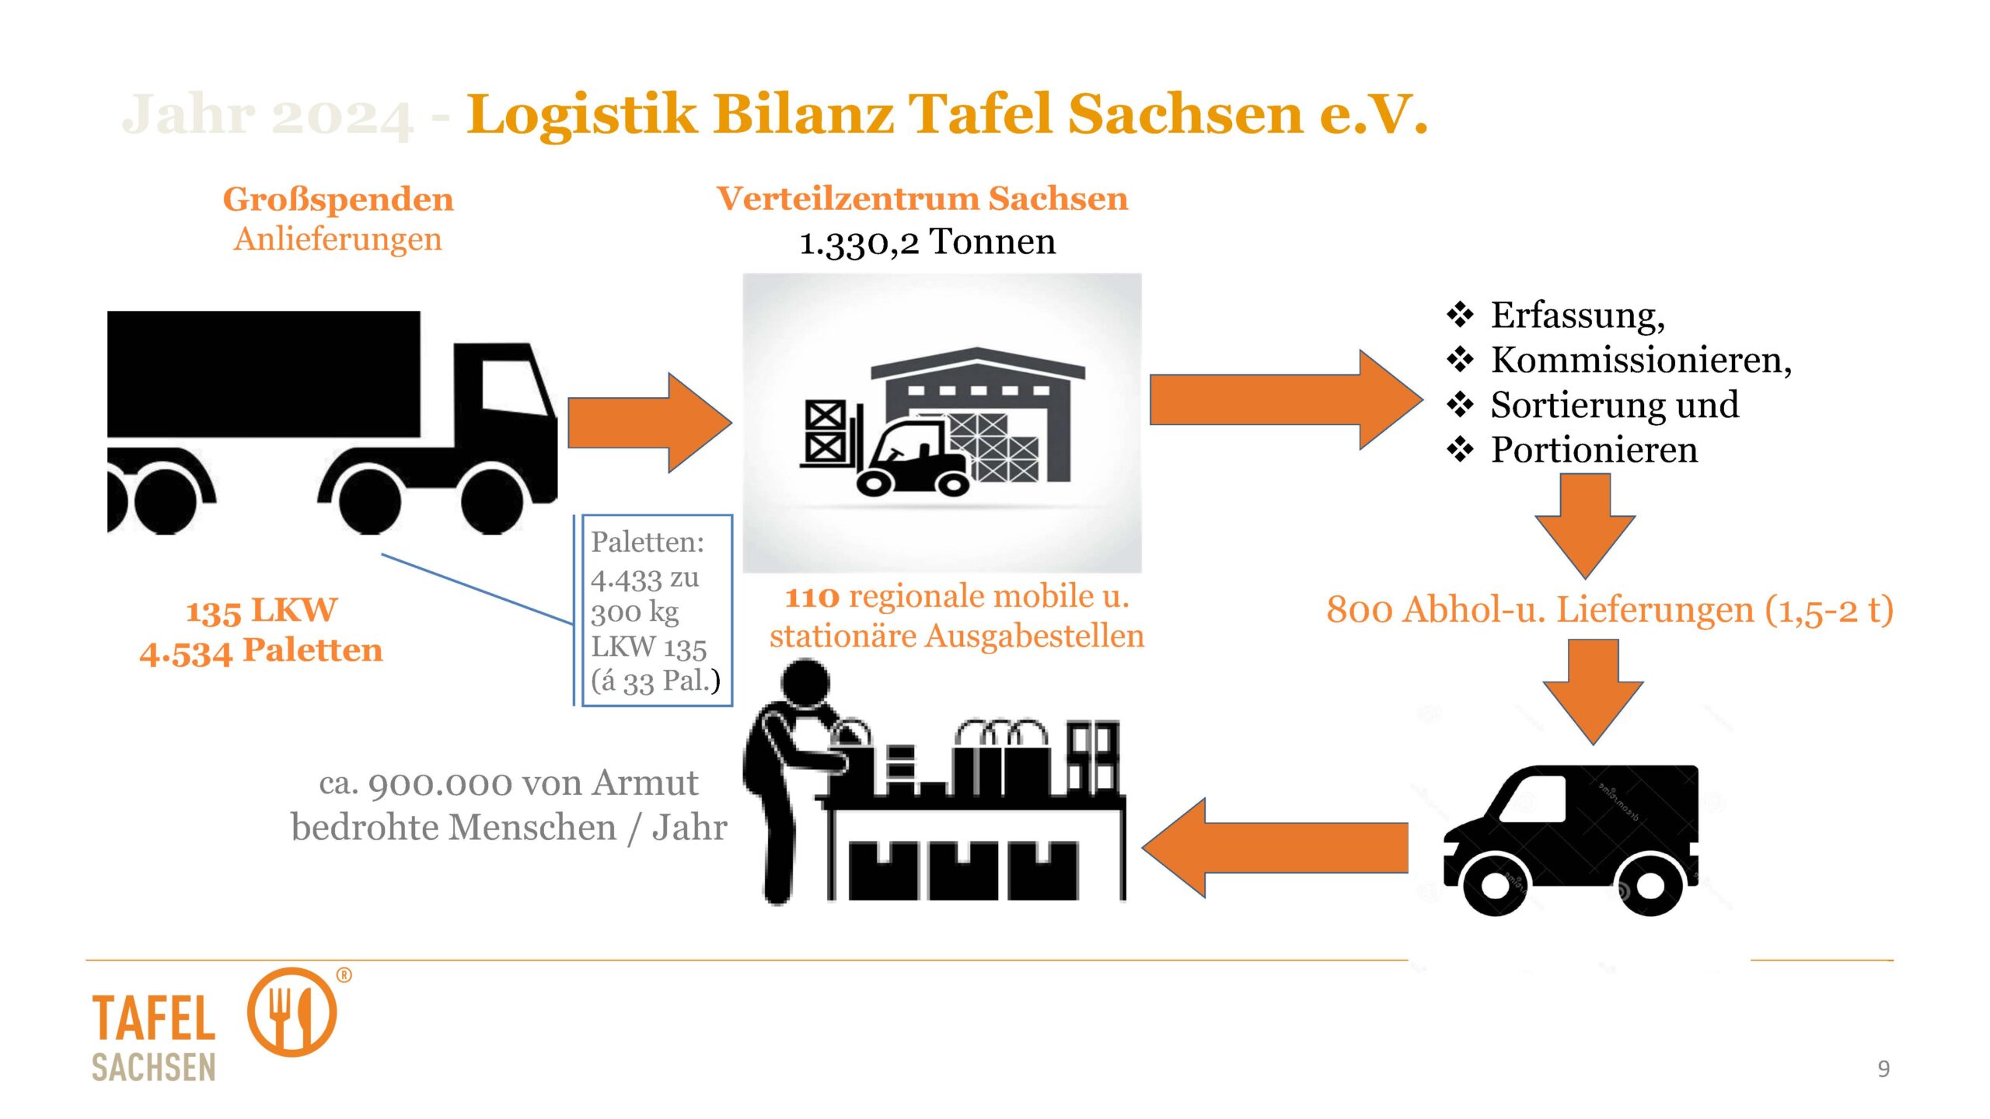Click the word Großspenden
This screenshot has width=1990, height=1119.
pyautogui.click(x=338, y=200)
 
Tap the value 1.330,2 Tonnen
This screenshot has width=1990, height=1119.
pyautogui.click(x=927, y=242)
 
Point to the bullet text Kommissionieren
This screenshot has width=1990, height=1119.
pyautogui.click(x=1640, y=360)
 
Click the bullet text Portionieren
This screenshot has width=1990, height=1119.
pyautogui.click(x=1594, y=450)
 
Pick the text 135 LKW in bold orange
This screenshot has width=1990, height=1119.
pyautogui.click(x=262, y=611)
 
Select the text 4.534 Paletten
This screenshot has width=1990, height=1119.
pyautogui.click(x=262, y=651)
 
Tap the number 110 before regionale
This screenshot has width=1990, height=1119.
pyautogui.click(x=812, y=598)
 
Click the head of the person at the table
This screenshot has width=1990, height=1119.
pyautogui.click(x=805, y=682)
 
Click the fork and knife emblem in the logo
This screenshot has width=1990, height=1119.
pyautogui.click(x=292, y=1012)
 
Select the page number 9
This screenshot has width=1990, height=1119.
pyautogui.click(x=1884, y=1068)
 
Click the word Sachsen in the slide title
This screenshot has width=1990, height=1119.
pyautogui.click(x=1185, y=114)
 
